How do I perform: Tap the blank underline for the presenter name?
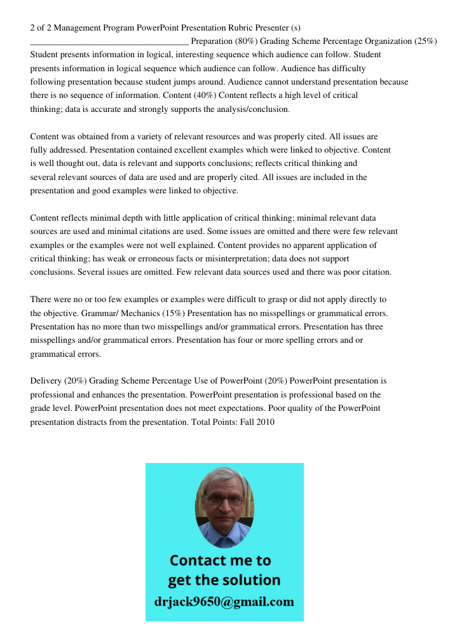[x=109, y=41]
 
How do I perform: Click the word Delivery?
[x=46, y=381]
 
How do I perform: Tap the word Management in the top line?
[x=74, y=27]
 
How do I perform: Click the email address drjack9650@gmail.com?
[x=224, y=602]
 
